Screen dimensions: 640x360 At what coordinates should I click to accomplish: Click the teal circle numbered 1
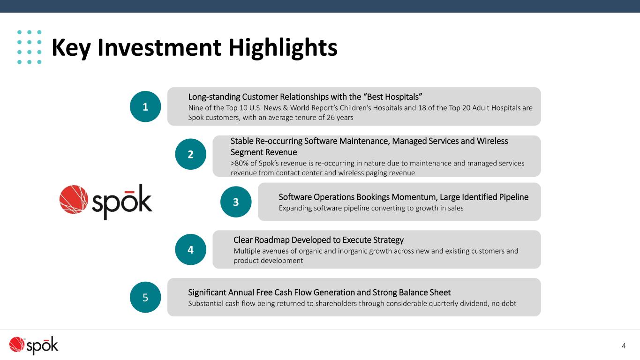(145, 106)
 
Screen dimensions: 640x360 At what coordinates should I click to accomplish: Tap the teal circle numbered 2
(190, 154)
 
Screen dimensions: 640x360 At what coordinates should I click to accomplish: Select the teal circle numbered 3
(236, 202)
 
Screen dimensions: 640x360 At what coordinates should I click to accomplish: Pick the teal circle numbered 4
(190, 249)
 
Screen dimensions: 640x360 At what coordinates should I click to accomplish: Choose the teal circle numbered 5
(145, 297)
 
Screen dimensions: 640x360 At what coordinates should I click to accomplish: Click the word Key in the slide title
(71, 48)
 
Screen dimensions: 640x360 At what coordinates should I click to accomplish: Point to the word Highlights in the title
(283, 48)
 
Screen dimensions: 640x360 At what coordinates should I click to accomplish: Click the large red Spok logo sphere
(74, 199)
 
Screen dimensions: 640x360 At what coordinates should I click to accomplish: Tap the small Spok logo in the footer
(33, 345)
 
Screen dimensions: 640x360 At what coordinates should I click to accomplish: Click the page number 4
(624, 346)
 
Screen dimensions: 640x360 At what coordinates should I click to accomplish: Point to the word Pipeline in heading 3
(514, 197)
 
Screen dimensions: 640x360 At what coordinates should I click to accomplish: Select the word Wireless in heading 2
(492, 141)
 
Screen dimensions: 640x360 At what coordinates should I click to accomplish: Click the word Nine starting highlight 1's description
(195, 108)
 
